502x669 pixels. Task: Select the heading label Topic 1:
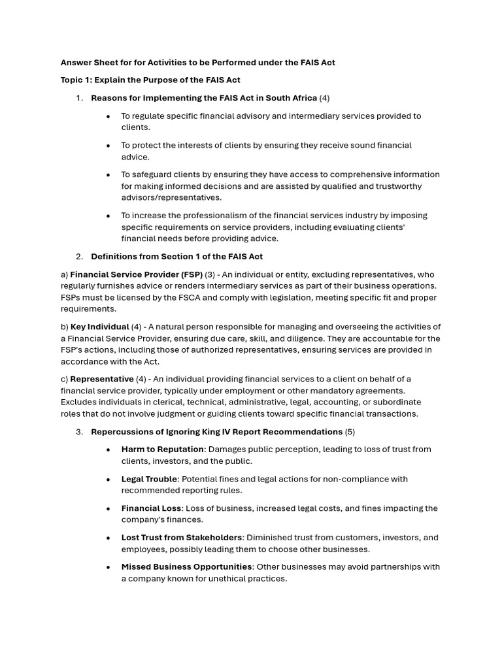point(76,80)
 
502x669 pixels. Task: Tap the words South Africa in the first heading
point(290,98)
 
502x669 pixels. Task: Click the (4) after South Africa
point(324,98)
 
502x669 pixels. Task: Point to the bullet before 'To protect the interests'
point(109,146)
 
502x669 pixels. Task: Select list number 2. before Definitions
point(80,256)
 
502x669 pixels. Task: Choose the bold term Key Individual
point(99,327)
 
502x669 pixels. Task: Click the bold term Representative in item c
point(101,379)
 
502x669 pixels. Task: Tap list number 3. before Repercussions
point(80,432)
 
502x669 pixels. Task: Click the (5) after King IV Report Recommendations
point(350,432)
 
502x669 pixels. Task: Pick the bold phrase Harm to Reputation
point(162,449)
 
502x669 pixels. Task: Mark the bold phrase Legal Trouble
point(149,479)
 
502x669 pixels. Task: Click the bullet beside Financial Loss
point(109,508)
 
